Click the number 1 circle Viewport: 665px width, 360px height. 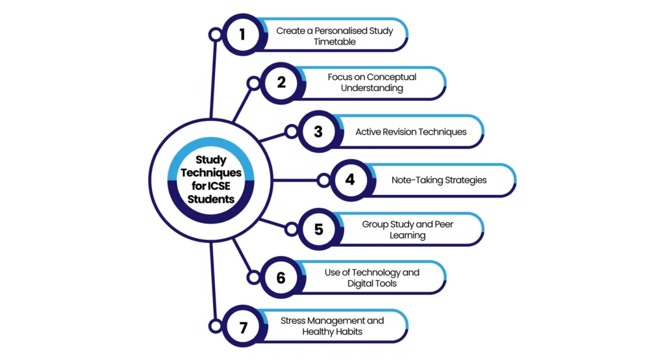[243, 34]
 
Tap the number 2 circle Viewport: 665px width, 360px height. [281, 83]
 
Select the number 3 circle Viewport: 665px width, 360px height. [318, 132]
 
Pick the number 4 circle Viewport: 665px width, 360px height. [350, 180]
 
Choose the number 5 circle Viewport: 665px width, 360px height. [318, 229]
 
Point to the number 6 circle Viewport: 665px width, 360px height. [281, 277]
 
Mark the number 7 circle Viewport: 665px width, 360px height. [243, 326]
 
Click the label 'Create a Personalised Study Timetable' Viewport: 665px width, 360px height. [334, 36]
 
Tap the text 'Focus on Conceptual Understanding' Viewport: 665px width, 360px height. [372, 83]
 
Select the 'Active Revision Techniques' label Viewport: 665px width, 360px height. [411, 132]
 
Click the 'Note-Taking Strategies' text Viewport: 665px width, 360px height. [439, 180]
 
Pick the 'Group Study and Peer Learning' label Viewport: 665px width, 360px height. [408, 229]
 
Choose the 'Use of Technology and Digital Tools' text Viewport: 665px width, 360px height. [372, 277]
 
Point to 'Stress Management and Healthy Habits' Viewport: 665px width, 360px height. [332, 326]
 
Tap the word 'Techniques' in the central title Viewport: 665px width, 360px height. [211, 173]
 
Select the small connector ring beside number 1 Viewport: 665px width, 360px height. [216, 34]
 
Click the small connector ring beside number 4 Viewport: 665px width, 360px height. [323, 181]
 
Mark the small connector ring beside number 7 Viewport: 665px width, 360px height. [216, 326]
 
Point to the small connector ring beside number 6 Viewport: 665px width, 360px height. [254, 277]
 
